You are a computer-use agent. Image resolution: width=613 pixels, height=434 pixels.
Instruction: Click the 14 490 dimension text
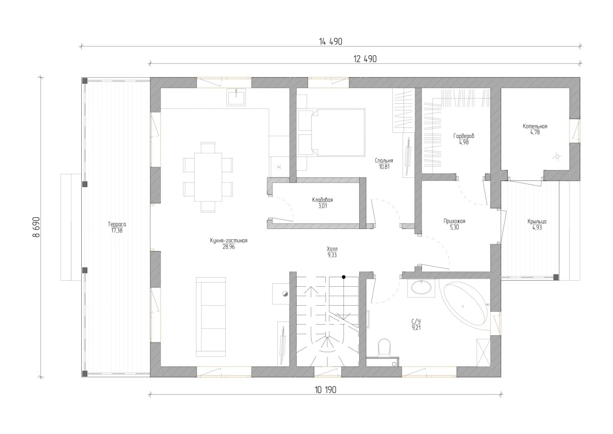coord(331,41)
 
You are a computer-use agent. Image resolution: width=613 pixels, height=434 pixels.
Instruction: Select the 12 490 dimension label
coord(365,59)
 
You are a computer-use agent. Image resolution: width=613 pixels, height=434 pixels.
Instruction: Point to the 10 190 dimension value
coord(325,390)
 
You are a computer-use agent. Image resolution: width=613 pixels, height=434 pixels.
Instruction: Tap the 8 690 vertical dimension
coord(36,227)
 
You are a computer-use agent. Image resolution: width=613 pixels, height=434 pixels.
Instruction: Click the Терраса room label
coord(117,224)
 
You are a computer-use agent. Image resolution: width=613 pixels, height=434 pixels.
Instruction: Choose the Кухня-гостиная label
coord(229,241)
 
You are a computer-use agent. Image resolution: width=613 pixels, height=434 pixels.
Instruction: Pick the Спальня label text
coord(384,161)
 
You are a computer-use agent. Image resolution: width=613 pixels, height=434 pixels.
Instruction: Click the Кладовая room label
coord(323,200)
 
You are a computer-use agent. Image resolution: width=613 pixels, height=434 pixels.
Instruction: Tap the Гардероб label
coord(464,136)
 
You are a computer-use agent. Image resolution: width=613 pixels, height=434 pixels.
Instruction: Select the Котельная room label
coord(535,126)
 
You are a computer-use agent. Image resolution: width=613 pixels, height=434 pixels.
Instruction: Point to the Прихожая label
coord(454,221)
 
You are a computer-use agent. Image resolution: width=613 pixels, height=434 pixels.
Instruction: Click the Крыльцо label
coord(537,221)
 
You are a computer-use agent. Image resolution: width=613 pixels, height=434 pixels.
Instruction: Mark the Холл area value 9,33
coord(332,255)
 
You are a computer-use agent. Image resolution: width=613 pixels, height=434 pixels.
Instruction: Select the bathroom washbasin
coord(421,288)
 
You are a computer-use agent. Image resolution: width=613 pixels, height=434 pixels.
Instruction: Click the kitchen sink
coord(236,97)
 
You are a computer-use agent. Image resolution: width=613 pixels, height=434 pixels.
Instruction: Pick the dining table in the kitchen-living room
coord(208,177)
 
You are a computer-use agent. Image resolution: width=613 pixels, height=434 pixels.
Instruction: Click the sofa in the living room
coord(210,317)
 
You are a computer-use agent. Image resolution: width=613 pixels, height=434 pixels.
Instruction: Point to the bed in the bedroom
coord(332,132)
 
